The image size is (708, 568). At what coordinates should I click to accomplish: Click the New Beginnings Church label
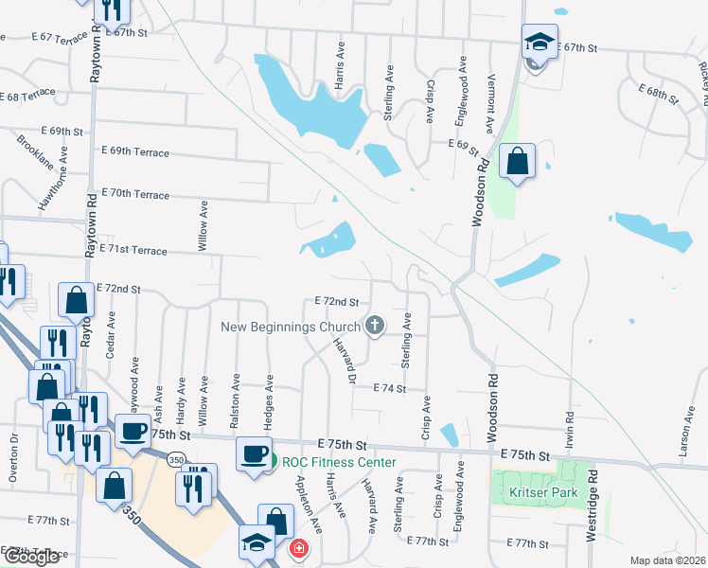coord(290,327)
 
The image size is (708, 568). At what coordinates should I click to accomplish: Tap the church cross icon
coord(375,327)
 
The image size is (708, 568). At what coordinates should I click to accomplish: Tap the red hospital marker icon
coord(298,548)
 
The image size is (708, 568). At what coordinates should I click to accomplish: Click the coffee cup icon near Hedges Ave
coord(254,453)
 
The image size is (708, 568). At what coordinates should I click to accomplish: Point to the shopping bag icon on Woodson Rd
coord(517,161)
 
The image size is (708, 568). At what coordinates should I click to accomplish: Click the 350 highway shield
coord(176,460)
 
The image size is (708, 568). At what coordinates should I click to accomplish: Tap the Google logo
coord(31,557)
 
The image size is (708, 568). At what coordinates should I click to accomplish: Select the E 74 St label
coord(389,388)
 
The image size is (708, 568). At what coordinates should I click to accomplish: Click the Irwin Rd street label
coord(569,428)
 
